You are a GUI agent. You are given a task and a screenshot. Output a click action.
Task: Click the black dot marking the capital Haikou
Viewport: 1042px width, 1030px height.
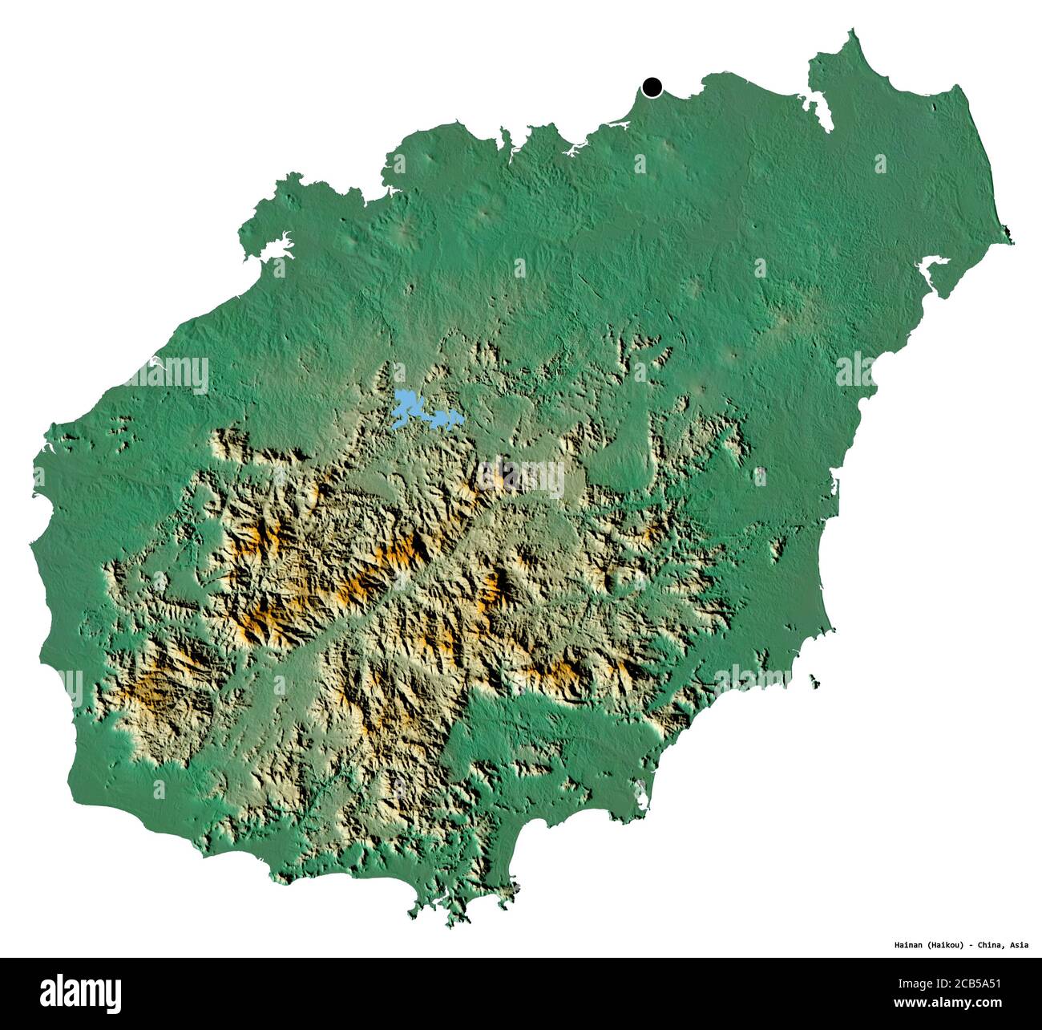(x=652, y=87)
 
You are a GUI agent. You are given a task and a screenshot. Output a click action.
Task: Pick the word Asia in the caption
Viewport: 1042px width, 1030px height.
(x=1020, y=945)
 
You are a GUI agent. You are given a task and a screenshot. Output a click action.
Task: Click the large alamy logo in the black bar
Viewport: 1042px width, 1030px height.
(x=81, y=993)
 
